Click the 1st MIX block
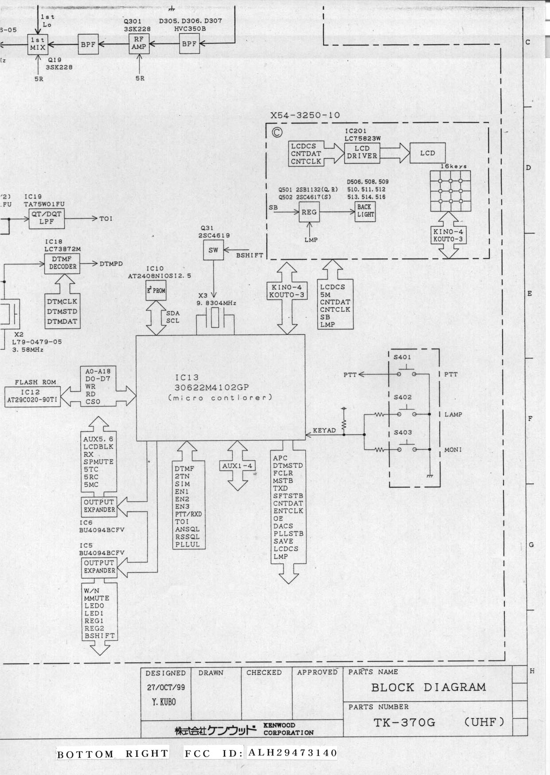pos(38,44)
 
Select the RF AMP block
pos(139,43)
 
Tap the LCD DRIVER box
pos(362,153)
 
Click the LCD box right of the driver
pos(427,153)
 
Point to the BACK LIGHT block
pos(365,211)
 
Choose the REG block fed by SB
pos(309,212)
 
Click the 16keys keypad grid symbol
pos(450,191)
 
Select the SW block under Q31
pos(213,251)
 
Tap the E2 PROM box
pos(156,290)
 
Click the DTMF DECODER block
pos(62,263)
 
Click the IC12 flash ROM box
pos(32,396)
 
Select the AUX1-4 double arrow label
pos(238,466)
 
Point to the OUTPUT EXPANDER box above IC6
pos(99,506)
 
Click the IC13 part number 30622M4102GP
pos(212,387)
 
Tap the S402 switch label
pos(402,397)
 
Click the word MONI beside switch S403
pos(452,450)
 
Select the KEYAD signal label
pos(324,430)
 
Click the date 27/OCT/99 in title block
pos(166,688)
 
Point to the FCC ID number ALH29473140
pos(293,752)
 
